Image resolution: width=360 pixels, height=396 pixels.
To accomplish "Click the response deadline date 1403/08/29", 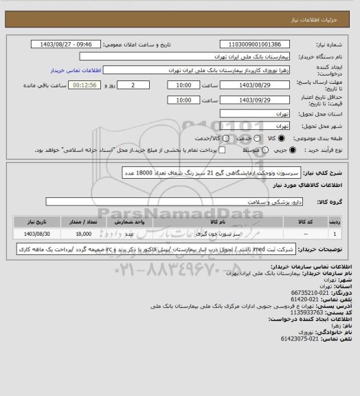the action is click(x=262, y=85).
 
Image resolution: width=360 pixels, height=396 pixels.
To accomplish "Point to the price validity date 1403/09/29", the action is click(x=262, y=100).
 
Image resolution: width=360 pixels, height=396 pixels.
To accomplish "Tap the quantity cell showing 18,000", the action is click(x=93, y=234).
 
